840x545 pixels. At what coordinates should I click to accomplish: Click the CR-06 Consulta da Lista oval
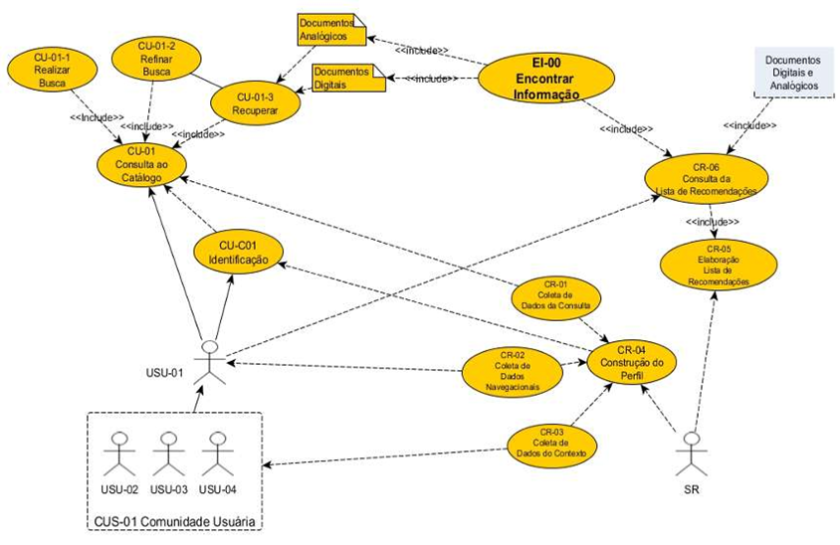pos(707,178)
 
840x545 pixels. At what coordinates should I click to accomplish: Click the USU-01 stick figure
pos(209,361)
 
